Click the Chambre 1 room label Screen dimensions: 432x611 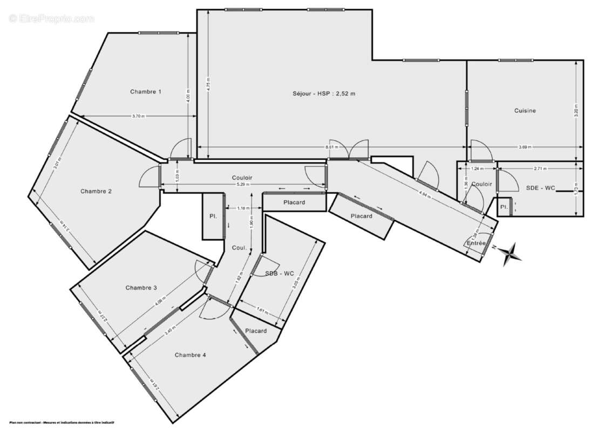[x=146, y=92]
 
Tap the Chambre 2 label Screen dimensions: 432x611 [x=96, y=191]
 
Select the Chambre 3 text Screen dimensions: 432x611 [x=141, y=288]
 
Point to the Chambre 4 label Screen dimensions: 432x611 [x=190, y=355]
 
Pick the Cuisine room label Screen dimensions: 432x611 [x=525, y=111]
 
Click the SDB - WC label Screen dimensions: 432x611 [x=279, y=274]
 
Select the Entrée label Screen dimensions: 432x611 [x=476, y=244]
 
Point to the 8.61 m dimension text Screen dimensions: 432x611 [x=332, y=147]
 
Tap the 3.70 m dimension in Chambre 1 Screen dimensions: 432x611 [x=139, y=116]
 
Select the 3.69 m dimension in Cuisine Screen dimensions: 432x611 [x=525, y=147]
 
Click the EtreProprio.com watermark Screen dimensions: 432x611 [x=51, y=19]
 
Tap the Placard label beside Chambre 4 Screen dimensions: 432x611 [x=256, y=331]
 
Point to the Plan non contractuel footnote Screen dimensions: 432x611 [x=62, y=422]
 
